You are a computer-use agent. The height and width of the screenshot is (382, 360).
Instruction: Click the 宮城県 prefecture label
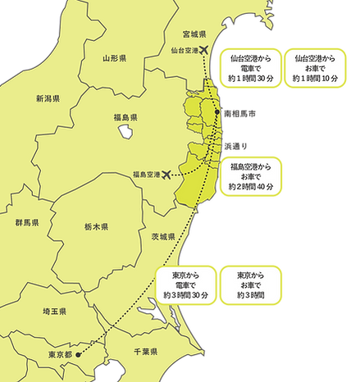[194, 34]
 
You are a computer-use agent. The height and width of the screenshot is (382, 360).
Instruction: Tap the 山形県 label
[114, 58]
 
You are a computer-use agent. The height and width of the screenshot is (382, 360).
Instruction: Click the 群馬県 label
[27, 223]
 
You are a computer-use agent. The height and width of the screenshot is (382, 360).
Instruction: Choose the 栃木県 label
[96, 225]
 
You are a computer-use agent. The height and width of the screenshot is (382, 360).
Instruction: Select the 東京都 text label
[60, 355]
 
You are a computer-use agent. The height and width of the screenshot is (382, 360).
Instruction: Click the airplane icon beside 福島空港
[168, 174]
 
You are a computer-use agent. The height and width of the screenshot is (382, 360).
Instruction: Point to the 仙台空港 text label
[183, 51]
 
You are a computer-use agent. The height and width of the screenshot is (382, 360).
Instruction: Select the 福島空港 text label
[146, 175]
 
